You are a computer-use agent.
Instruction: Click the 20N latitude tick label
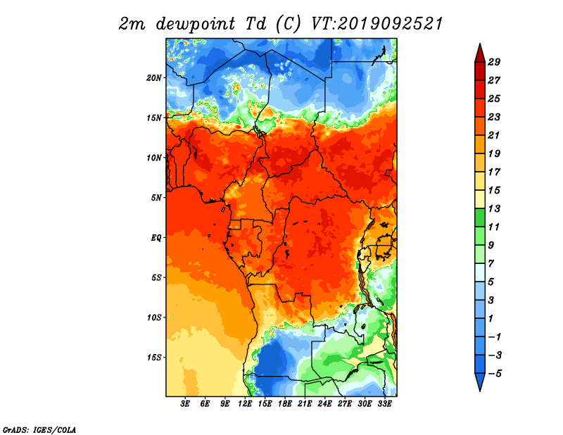coord(154,78)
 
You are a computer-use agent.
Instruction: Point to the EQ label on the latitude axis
coord(156,238)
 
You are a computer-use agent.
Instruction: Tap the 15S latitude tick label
coord(154,358)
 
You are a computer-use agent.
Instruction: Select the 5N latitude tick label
coord(156,198)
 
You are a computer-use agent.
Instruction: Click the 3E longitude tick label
coord(185,404)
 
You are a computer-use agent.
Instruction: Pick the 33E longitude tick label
coord(384,404)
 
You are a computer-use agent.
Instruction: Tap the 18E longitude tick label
coord(285,404)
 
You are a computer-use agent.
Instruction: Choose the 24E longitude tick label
coord(324,404)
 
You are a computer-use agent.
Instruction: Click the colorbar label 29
coord(494,62)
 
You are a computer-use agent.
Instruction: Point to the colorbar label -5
coord(494,374)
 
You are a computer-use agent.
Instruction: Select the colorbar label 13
coord(494,208)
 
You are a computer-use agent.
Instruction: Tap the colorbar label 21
coord(494,135)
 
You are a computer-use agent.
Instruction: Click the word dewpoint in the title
coord(196,24)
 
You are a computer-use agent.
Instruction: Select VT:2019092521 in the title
coord(377,24)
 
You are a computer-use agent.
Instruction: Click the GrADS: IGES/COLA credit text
coord(39,430)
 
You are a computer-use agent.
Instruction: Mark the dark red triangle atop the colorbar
coord(480,53)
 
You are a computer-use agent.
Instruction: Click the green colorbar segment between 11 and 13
coord(480,217)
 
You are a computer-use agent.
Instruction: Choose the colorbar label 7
coord(491,264)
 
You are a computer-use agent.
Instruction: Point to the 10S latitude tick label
coord(154,317)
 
